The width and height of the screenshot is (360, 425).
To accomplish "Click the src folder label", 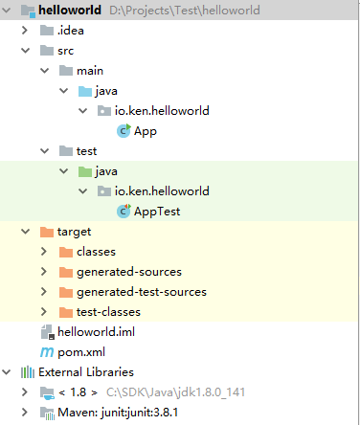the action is point(66,51).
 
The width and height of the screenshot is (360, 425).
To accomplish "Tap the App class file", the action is point(146,131).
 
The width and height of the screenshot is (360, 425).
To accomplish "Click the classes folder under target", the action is point(96,252).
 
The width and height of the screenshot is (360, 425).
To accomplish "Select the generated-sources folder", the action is point(128,272).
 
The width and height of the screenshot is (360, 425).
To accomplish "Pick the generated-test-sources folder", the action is point(141,292).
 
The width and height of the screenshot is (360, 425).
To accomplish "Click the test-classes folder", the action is point(108,312).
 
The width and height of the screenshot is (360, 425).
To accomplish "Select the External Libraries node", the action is point(85,372).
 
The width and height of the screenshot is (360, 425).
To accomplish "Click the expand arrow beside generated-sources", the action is point(43,272).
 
